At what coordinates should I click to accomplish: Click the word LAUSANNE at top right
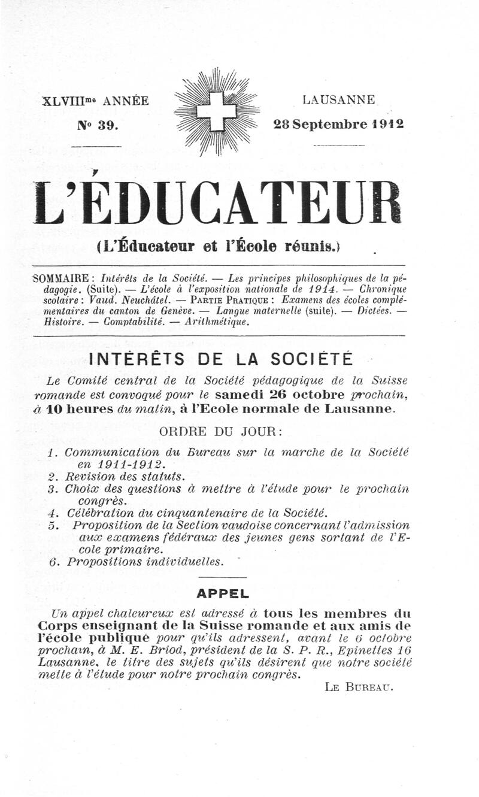pos(339,99)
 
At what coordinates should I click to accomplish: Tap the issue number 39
pos(108,125)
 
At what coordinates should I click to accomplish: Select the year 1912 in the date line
pos(387,125)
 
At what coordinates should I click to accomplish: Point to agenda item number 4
pos(51,513)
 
